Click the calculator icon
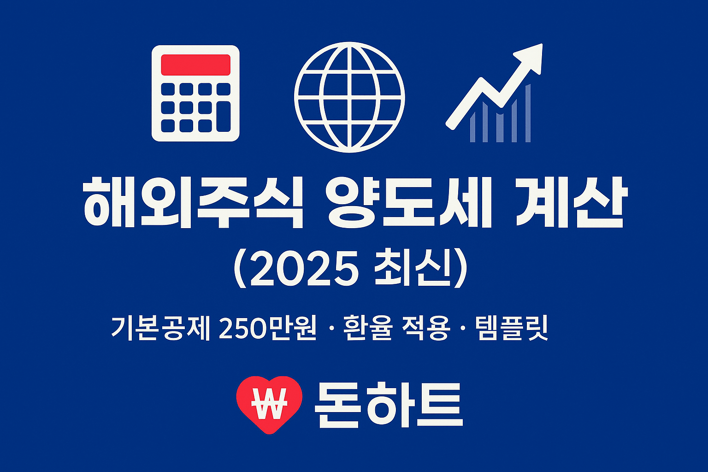pos(195,93)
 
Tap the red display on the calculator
pos(195,65)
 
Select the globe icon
pos(349,97)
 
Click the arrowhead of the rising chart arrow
pos(531,56)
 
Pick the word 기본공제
pos(160,328)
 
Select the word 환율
pos(367,328)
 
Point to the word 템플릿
pos(512,328)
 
